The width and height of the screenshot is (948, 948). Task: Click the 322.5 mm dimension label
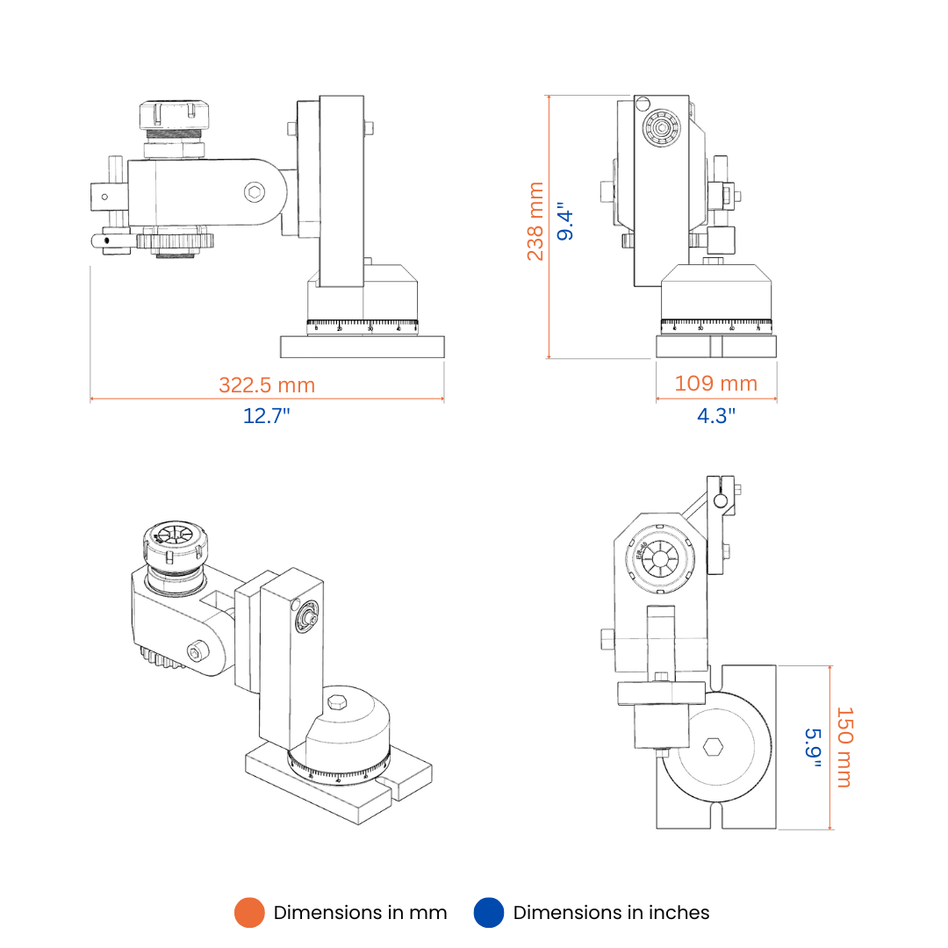267,384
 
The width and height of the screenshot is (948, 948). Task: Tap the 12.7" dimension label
267,415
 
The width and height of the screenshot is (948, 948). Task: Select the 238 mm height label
535,221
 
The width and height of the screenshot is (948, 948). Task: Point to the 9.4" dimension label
565,223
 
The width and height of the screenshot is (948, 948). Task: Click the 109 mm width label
715,384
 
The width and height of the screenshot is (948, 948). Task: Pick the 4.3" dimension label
716,415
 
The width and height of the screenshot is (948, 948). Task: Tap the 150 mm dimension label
844,747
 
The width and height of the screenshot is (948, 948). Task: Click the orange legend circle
249,913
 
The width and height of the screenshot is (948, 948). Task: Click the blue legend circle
489,913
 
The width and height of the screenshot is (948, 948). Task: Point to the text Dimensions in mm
360,913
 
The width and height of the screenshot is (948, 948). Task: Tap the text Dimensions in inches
611,913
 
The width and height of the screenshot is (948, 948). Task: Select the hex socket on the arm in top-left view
254,191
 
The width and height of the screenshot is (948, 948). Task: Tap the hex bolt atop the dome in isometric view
337,703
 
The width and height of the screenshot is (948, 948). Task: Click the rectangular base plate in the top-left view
362,347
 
